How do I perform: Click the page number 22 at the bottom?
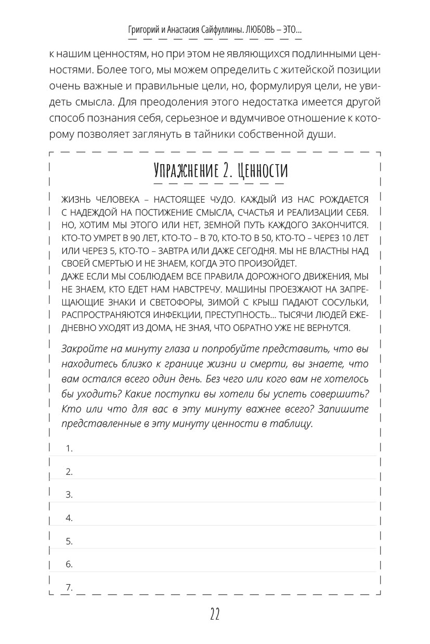point(215,615)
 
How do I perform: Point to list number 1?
point(69,449)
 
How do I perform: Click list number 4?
point(69,518)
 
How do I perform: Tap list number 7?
point(69,587)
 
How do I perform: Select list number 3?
point(69,495)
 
